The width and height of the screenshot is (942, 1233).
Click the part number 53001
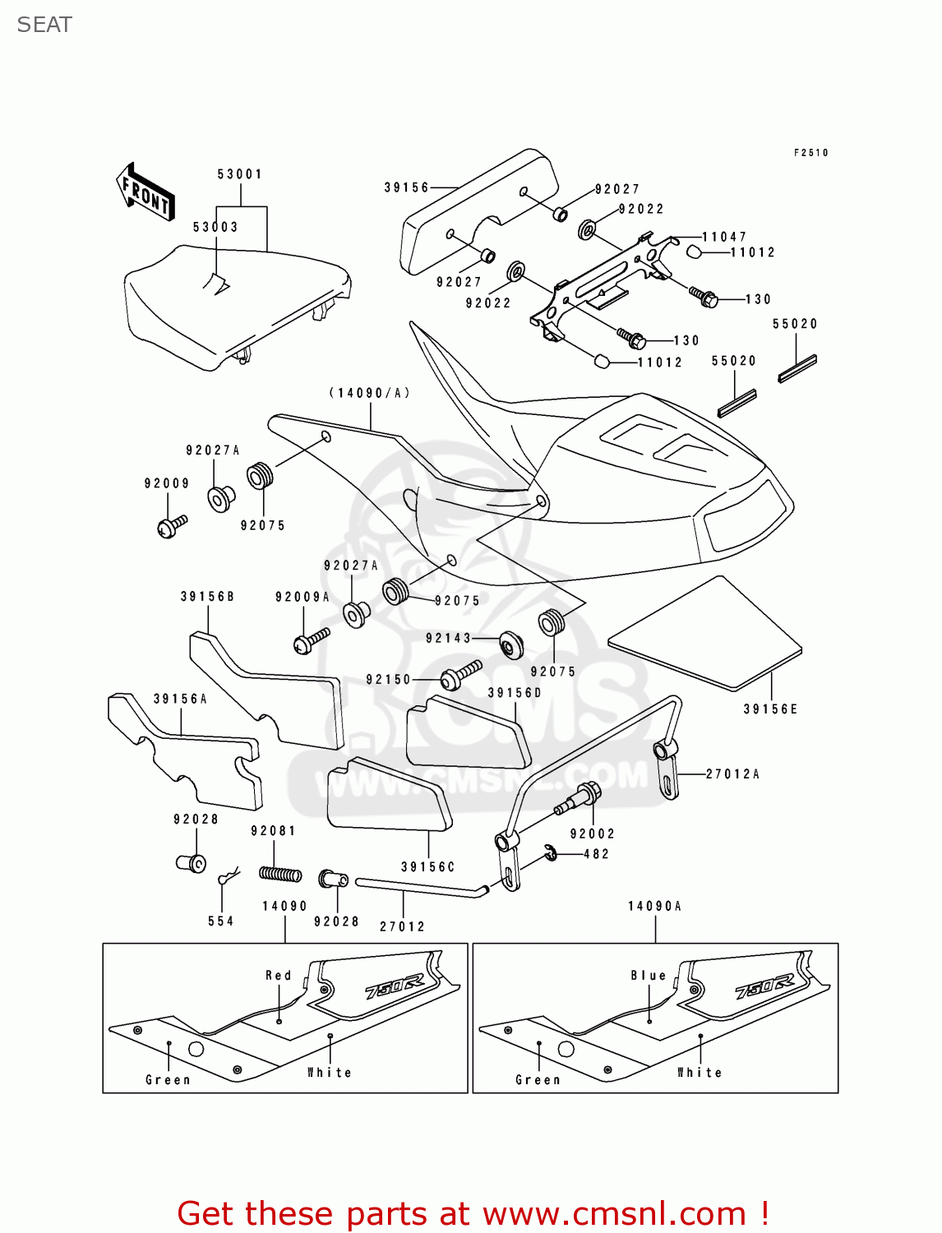click(240, 174)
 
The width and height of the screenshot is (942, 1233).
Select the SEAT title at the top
click(44, 25)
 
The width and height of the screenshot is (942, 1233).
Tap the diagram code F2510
click(810, 153)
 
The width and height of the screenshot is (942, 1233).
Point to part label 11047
click(724, 237)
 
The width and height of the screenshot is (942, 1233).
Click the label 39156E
click(770, 709)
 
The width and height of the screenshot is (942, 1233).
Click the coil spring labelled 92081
click(280, 874)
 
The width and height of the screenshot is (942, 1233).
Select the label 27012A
click(732, 774)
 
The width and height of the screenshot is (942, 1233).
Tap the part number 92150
click(388, 680)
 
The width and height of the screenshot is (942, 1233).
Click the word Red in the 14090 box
click(279, 975)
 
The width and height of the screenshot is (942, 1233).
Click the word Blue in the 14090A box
click(649, 975)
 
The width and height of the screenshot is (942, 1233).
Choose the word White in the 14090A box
click(700, 1073)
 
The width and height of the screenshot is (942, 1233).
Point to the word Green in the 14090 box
click(168, 1080)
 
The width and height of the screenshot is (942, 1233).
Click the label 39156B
click(207, 597)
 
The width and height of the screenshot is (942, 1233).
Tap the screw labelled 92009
click(172, 525)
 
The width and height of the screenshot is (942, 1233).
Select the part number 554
click(220, 921)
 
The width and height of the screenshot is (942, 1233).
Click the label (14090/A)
click(370, 393)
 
